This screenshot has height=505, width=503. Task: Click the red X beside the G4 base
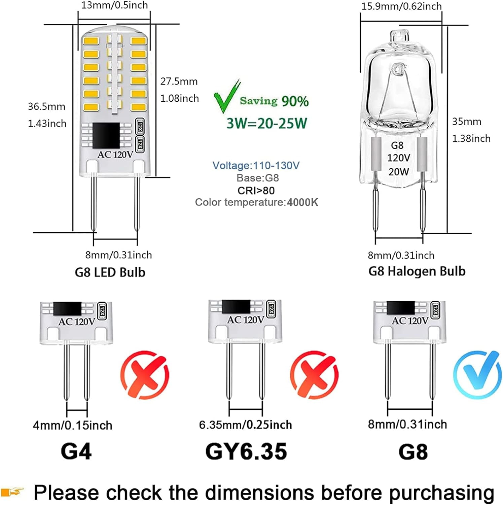tap(145, 375)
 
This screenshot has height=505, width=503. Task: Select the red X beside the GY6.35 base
tap(314, 375)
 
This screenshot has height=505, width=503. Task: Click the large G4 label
tap(76, 451)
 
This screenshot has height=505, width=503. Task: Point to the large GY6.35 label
tap(246, 451)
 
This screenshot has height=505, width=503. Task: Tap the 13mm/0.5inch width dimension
tap(114, 5)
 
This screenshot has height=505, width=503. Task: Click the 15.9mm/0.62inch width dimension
tap(401, 6)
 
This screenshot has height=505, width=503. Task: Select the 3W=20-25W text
tap(266, 123)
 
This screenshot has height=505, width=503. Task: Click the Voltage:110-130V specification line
tap(256, 165)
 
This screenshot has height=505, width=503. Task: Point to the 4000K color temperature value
tap(302, 202)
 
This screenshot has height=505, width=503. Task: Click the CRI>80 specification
tap(256, 191)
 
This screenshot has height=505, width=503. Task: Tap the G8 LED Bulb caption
tap(110, 272)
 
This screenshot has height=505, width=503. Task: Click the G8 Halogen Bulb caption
tap(417, 271)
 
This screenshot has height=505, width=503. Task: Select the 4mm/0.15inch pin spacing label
tap(72, 425)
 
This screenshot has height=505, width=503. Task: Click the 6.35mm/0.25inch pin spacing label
tap(245, 425)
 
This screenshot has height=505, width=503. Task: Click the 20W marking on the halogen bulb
tap(399, 172)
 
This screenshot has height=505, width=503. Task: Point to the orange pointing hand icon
tap(12, 492)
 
